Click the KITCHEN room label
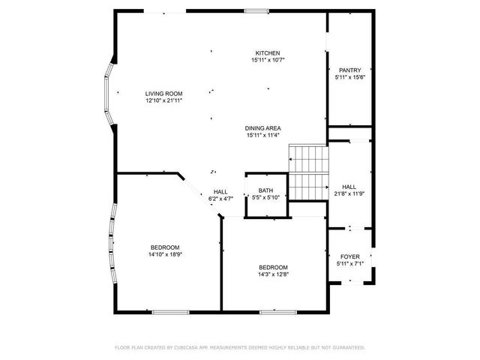tap(267, 53)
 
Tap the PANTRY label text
tap(349, 70)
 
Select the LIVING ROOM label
tap(163, 93)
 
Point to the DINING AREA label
tap(262, 128)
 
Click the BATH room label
tap(265, 190)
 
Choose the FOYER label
tap(349, 256)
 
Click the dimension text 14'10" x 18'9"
tap(164, 255)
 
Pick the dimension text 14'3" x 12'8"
tap(273, 274)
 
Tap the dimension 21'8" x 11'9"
tap(349, 194)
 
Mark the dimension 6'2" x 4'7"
tap(220, 199)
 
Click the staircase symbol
tap(309, 173)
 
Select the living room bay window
tap(109, 94)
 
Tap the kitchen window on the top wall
tap(256, 11)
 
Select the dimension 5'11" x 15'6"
tap(349, 77)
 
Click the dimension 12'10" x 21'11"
tap(163, 100)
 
